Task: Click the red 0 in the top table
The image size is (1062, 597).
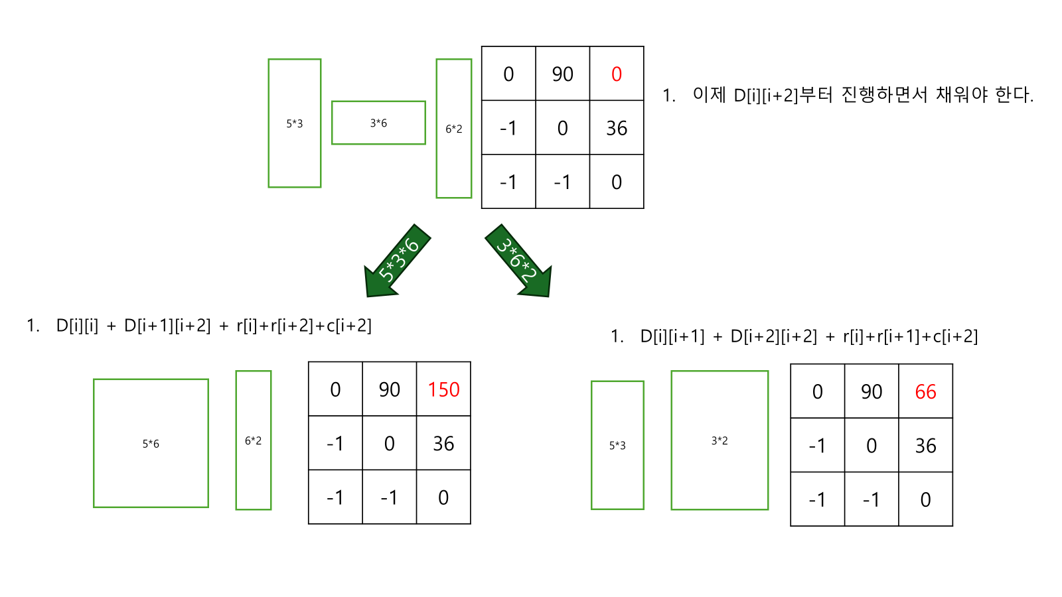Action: (x=617, y=74)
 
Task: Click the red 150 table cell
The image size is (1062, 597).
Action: (x=443, y=389)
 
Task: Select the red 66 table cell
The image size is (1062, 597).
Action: (x=925, y=392)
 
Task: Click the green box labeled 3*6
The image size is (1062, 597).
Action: (x=378, y=123)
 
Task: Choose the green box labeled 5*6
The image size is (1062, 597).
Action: (x=151, y=443)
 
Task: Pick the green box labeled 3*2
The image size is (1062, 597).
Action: (x=720, y=440)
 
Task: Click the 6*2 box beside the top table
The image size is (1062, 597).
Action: (x=454, y=129)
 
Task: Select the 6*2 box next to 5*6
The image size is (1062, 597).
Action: (x=254, y=440)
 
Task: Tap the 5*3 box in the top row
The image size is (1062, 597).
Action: (x=295, y=123)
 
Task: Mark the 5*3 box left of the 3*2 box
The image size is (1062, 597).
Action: (x=617, y=445)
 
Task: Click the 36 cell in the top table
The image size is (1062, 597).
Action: (x=617, y=128)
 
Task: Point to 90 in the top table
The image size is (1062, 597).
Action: (x=563, y=74)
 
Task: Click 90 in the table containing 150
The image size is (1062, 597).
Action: (x=390, y=389)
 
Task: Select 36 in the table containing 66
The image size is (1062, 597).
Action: (x=925, y=446)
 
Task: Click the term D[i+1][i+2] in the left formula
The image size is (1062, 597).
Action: (x=167, y=326)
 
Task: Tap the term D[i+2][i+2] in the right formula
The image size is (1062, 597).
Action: (x=774, y=336)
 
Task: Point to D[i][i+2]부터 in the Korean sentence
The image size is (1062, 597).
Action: (x=783, y=95)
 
